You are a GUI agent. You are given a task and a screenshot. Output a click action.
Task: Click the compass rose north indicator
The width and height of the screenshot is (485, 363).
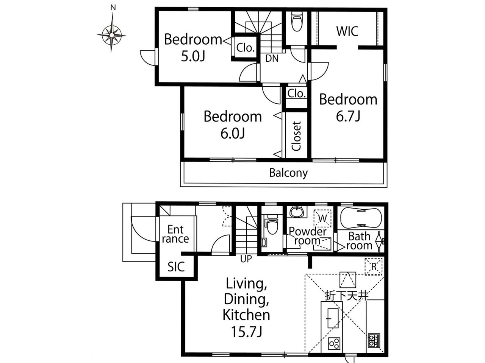[x=112, y=31]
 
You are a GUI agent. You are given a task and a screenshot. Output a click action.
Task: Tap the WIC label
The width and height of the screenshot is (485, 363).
[x=347, y=31]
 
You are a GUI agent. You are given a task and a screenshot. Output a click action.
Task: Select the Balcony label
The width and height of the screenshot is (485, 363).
[x=288, y=173]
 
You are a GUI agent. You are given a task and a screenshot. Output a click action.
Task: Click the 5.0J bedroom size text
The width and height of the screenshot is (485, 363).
[x=193, y=56]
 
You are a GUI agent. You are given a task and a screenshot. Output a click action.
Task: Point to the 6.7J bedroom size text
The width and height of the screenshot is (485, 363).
[x=348, y=116]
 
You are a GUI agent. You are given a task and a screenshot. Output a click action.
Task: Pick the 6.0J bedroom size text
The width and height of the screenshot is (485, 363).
[x=233, y=133]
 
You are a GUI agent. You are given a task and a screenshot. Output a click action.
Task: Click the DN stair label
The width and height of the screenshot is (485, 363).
[x=272, y=58]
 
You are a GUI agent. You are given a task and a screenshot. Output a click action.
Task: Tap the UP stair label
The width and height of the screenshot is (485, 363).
[x=246, y=259]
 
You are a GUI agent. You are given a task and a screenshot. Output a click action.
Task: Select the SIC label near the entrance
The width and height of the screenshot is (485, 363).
[x=176, y=267]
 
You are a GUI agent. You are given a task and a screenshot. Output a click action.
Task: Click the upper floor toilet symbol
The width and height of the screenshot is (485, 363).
[x=297, y=21]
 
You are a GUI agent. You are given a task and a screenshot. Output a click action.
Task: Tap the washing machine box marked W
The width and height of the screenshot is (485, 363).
[x=322, y=218]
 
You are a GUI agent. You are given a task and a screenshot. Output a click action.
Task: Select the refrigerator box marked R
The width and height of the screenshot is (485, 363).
[x=374, y=266]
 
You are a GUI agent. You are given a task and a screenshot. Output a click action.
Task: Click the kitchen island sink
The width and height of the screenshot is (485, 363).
[x=333, y=318]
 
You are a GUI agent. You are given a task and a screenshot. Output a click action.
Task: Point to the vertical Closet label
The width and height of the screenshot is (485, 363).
[x=296, y=136]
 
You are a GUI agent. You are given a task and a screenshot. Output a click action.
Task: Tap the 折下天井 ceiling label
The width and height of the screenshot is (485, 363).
[x=347, y=296]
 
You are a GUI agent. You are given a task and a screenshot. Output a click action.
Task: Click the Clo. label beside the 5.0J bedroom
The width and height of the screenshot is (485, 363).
[x=246, y=47]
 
